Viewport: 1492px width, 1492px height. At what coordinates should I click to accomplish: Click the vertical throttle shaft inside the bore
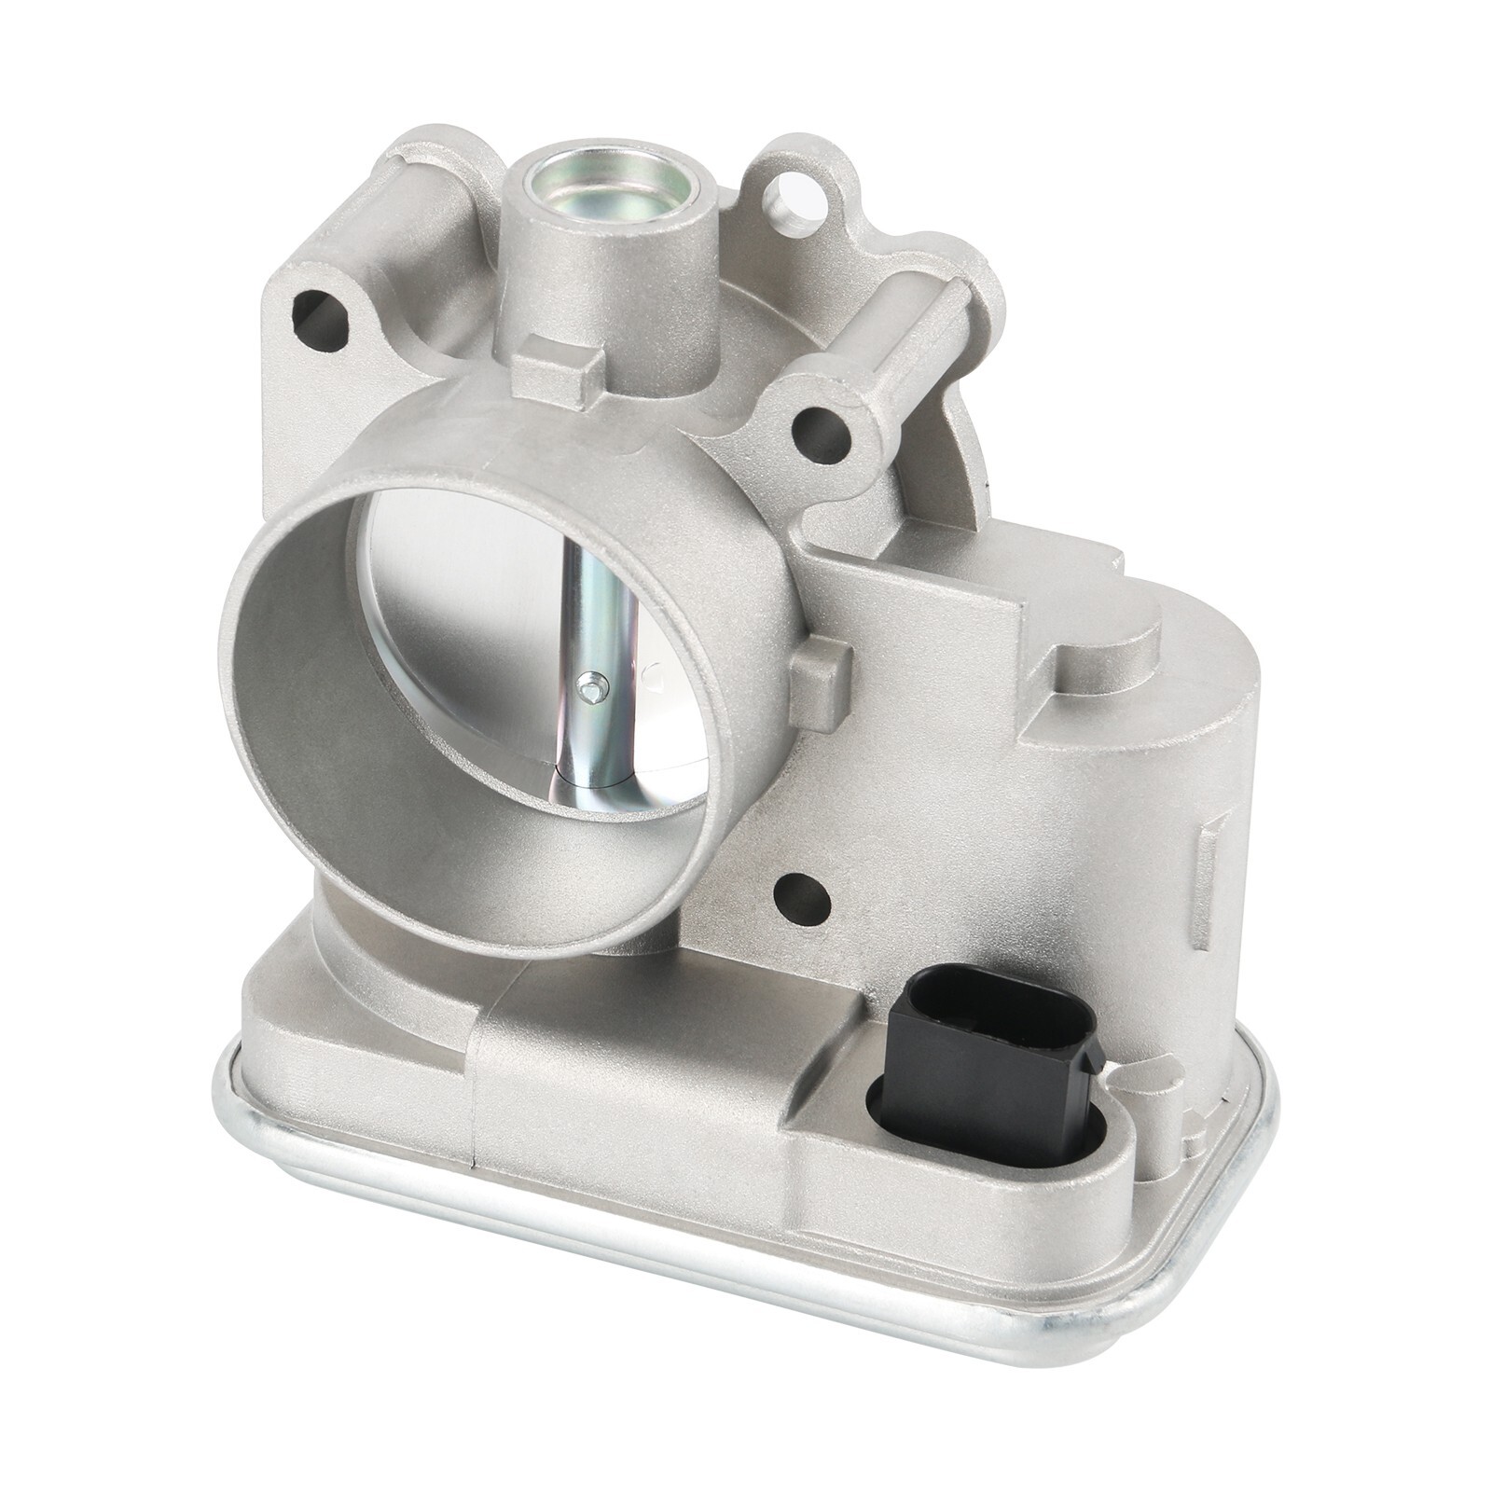pos(598,634)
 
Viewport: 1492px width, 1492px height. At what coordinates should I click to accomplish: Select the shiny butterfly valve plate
pos(485,606)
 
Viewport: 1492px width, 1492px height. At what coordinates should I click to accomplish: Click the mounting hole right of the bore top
pos(816,435)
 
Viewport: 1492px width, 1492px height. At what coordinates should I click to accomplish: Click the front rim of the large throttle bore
pos(280,774)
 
